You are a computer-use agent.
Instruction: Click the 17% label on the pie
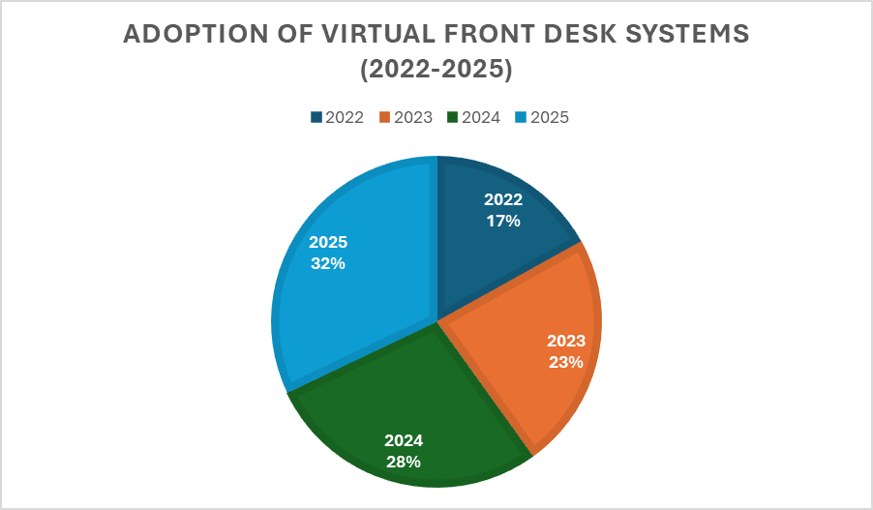pyautogui.click(x=503, y=221)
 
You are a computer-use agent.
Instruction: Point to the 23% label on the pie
pyautogui.click(x=565, y=363)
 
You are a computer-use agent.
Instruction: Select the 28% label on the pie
pyautogui.click(x=403, y=462)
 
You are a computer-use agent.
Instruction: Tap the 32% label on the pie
pyautogui.click(x=328, y=263)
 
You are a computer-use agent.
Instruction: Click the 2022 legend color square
pyautogui.click(x=316, y=118)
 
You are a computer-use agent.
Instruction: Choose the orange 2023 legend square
pyautogui.click(x=385, y=118)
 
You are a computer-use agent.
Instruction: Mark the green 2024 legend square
pyautogui.click(x=453, y=118)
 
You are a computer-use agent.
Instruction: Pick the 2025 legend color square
pyautogui.click(x=522, y=118)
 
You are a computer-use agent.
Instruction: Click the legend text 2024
pyautogui.click(x=481, y=118)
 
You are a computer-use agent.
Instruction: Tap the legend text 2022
pyautogui.click(x=345, y=118)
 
